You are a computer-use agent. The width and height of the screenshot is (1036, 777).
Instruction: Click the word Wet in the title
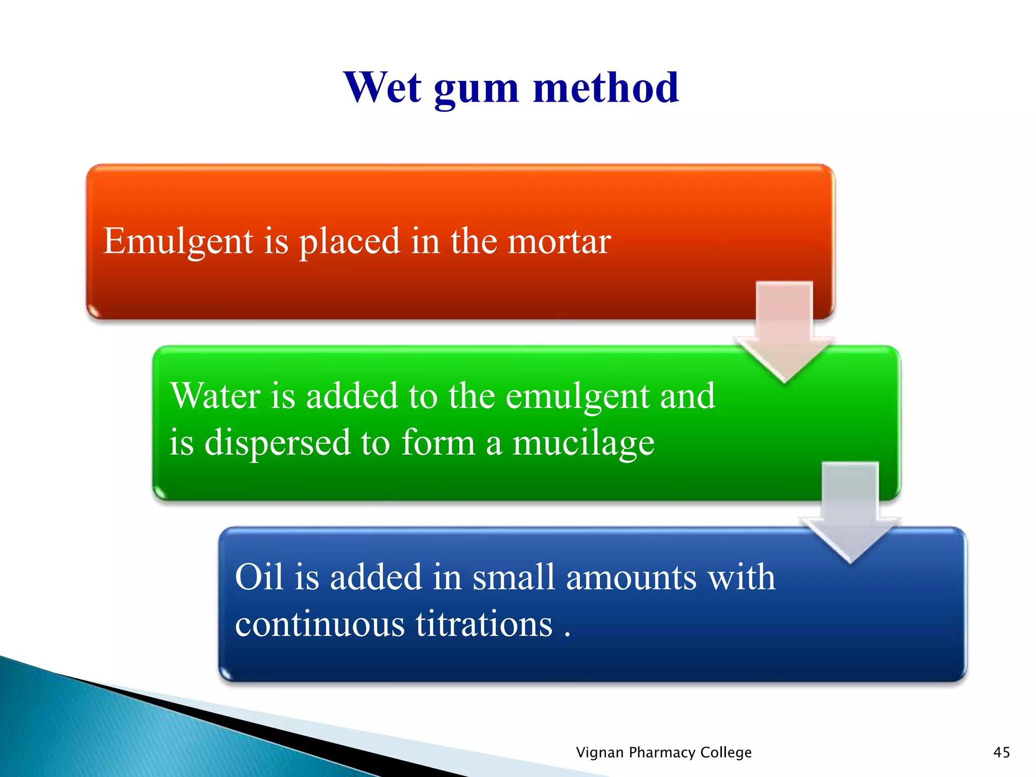(x=382, y=88)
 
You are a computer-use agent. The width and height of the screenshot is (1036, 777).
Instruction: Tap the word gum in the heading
(x=476, y=90)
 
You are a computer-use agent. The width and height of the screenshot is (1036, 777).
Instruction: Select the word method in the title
(x=606, y=88)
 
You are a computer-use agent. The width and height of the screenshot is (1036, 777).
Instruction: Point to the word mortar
(x=559, y=242)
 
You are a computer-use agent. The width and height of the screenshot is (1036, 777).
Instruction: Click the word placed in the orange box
(x=349, y=242)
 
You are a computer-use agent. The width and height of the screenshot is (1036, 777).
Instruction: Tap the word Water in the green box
(x=214, y=396)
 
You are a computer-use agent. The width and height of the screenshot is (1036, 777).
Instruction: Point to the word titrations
(x=484, y=624)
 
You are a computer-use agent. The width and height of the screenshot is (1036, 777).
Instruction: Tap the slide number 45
(x=1001, y=752)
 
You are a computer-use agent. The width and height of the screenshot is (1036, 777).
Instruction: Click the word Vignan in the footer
(x=600, y=753)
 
